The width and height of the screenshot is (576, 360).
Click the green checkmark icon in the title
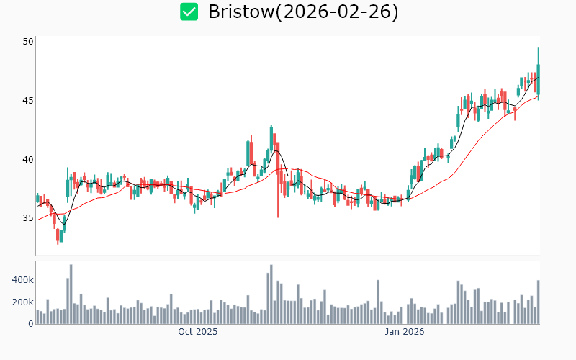(x=189, y=12)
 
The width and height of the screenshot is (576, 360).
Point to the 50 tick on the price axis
(x=28, y=41)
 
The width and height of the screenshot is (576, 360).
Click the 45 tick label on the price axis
(x=28, y=100)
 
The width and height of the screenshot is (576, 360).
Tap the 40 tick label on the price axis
(x=28, y=159)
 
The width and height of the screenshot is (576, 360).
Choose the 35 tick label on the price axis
(x=28, y=218)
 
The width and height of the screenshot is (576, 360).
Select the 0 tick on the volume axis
(x=31, y=324)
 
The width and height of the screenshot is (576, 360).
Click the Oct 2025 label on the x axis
(x=198, y=332)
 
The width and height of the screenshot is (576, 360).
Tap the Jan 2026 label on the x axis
(x=404, y=332)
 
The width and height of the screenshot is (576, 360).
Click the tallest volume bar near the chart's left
(x=71, y=295)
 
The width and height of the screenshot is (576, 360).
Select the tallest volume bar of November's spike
(x=271, y=295)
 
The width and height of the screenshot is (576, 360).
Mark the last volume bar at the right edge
(x=538, y=302)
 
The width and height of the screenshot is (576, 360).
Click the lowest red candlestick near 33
(x=58, y=235)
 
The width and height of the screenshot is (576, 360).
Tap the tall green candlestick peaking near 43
(x=271, y=140)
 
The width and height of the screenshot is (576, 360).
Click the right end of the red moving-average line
(x=538, y=94)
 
